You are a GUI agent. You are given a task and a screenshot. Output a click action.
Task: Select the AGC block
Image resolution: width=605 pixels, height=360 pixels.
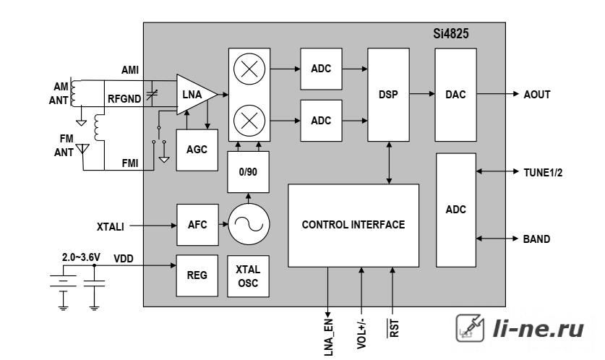[x=197, y=150]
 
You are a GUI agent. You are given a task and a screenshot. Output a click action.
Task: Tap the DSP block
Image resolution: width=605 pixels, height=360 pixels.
[x=388, y=95]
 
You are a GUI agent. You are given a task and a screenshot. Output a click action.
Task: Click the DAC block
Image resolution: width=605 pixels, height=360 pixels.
[x=455, y=95]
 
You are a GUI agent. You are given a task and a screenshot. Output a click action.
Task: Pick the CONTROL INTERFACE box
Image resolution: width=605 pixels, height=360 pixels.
[x=353, y=226]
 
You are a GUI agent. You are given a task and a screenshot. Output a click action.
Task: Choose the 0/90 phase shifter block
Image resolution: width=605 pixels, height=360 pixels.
[x=248, y=172]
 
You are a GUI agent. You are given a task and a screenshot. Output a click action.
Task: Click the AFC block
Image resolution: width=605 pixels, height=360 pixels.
[x=197, y=225]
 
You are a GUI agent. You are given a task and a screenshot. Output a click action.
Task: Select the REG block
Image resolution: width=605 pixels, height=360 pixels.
[x=197, y=275]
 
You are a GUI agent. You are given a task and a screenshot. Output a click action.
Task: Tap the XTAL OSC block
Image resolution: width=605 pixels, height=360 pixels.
[x=248, y=276]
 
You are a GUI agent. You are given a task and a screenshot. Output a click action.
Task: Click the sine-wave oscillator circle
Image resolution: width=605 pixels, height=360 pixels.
[x=249, y=224]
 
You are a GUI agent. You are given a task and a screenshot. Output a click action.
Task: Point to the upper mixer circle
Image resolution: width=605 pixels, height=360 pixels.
[x=249, y=69]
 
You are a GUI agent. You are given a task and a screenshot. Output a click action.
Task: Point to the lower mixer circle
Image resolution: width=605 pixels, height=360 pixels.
[x=249, y=121]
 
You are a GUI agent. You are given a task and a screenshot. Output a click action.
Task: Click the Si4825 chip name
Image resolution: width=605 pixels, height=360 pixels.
[x=450, y=33]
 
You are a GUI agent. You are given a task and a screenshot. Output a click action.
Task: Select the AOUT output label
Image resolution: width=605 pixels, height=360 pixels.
[x=537, y=95]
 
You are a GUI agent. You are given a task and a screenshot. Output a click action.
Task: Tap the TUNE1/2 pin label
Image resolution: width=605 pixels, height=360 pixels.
[x=543, y=173]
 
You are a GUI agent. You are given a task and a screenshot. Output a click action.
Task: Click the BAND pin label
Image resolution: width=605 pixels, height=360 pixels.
[x=536, y=239]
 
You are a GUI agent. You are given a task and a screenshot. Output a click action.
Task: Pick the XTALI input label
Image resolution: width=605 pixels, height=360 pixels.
[x=111, y=226]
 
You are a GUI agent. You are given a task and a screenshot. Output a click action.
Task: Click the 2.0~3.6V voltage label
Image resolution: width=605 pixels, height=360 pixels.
[x=81, y=257]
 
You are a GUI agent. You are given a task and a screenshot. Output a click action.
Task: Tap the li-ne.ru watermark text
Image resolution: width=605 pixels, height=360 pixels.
[x=539, y=329]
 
